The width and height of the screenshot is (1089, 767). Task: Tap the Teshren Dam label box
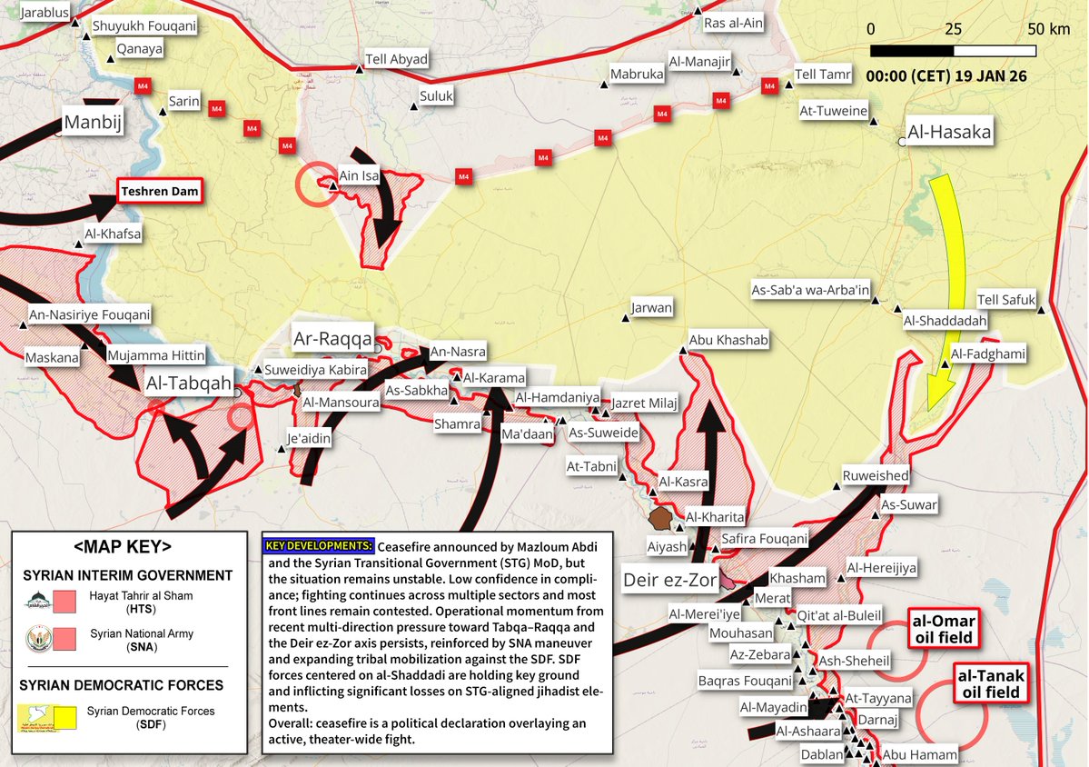159,192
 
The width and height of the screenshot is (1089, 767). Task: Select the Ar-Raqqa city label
332,340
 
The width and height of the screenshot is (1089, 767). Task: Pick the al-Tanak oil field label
990,684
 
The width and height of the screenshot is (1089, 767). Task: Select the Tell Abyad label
396,60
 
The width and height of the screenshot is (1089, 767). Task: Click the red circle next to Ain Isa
314,184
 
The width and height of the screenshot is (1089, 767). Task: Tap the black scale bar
953,51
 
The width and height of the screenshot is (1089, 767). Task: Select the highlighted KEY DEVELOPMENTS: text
319,546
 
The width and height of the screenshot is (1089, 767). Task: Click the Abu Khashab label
728,340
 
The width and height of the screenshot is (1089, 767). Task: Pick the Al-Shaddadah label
945,321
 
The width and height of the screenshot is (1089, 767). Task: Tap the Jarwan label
652,308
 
